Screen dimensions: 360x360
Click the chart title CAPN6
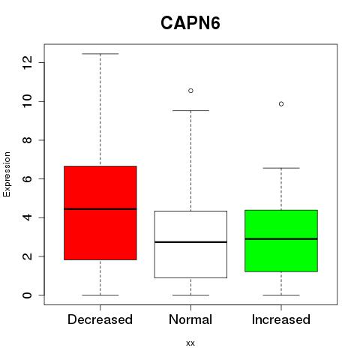click(190, 23)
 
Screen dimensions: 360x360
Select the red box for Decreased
click(100, 213)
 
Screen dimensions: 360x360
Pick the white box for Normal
click(190, 244)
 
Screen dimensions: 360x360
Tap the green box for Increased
click(281, 241)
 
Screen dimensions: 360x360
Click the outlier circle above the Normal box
click(190, 91)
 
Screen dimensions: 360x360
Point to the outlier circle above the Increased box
click(281, 104)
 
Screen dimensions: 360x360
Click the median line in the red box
click(100, 209)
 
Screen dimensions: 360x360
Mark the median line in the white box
click(190, 242)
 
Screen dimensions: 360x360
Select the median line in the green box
click(281, 239)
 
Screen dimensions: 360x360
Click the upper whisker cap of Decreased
click(100, 54)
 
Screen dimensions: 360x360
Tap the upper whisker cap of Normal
click(190, 110)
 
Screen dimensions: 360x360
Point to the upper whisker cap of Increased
click(281, 168)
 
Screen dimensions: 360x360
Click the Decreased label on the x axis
click(100, 319)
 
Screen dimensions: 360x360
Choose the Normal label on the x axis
click(190, 319)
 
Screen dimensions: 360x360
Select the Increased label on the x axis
click(281, 319)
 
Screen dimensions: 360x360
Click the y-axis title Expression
click(7, 174)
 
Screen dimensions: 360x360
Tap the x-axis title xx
click(190, 343)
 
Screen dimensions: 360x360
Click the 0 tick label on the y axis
click(27, 295)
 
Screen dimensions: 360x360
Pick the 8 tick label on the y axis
click(27, 140)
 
